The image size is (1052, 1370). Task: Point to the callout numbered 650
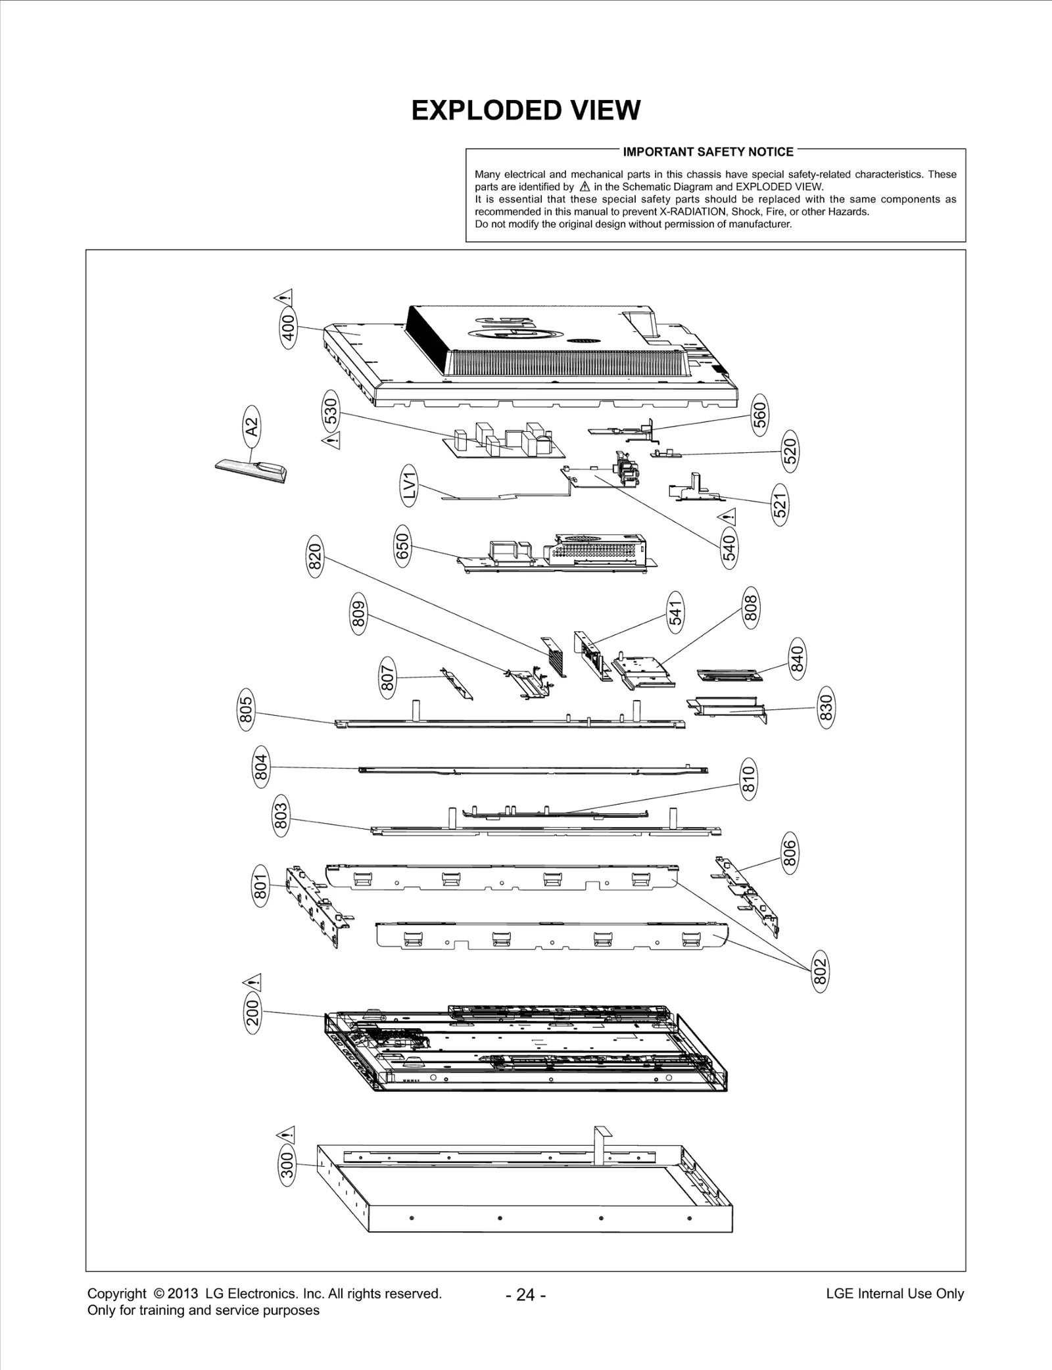point(402,546)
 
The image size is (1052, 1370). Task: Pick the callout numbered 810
point(748,779)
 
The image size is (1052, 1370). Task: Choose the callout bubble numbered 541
point(675,612)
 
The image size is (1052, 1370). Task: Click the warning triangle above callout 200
point(252,981)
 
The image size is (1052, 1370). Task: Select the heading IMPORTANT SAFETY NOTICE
point(708,152)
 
